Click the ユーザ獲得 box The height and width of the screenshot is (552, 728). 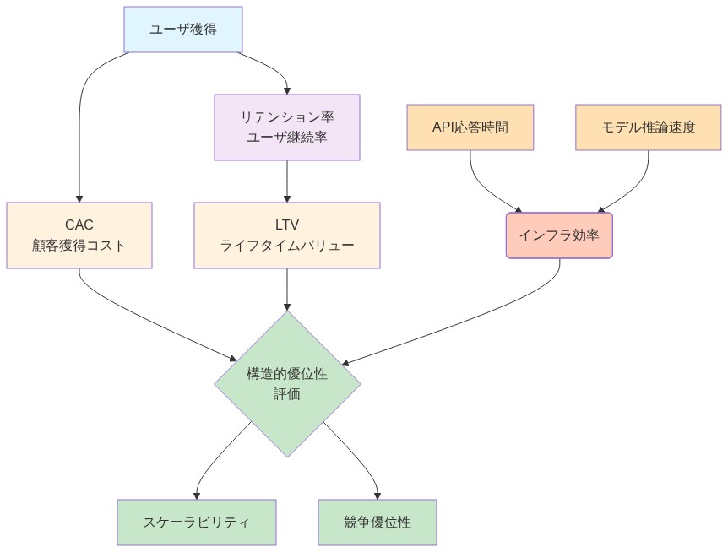tap(182, 29)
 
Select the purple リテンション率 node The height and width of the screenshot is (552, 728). tap(287, 116)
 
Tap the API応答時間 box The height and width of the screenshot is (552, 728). tap(470, 127)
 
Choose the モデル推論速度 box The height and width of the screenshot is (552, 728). tap(649, 127)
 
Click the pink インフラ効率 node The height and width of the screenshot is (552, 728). tap(559, 235)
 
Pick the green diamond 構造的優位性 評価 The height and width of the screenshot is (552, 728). tap(287, 384)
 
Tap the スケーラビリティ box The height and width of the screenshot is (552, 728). tap(196, 522)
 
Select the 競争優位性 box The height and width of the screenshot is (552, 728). tap(377, 522)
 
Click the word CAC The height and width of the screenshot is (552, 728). tap(79, 225)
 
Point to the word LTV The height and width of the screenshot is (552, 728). tap(287, 225)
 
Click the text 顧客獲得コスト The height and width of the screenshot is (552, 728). tap(79, 246)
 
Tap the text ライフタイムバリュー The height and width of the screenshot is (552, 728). tap(287, 246)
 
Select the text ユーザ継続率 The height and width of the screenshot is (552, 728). tap(287, 137)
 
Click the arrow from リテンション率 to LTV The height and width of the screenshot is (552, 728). tap(287, 181)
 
